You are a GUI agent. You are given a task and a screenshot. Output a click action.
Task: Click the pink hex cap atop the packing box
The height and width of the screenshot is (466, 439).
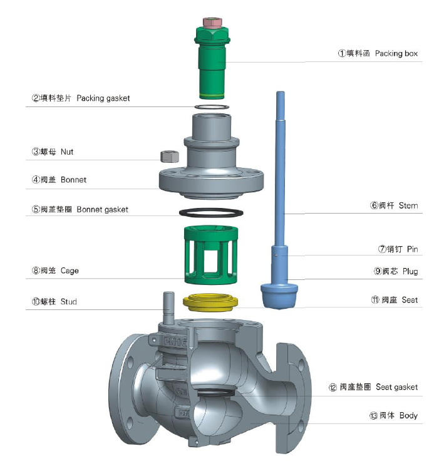pyautogui.click(x=212, y=23)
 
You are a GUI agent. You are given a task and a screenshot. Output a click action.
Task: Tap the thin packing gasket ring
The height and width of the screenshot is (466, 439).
pyautogui.click(x=212, y=106)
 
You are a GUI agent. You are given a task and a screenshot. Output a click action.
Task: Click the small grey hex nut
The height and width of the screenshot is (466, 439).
pyautogui.click(x=170, y=157)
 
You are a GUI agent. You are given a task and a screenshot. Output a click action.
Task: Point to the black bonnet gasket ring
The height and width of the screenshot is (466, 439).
pyautogui.click(x=211, y=213)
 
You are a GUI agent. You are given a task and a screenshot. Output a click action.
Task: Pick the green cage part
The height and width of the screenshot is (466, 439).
pyautogui.click(x=211, y=255)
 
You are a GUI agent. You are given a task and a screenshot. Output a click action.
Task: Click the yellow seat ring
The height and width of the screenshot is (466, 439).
pyautogui.click(x=210, y=303)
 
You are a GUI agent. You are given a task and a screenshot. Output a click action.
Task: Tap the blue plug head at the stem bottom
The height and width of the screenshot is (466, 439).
pyautogui.click(x=279, y=295)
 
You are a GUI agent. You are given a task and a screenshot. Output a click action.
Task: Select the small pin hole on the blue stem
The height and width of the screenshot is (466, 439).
pyautogui.click(x=276, y=255)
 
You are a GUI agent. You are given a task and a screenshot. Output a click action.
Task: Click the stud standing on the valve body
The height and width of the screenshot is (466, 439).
pyautogui.click(x=169, y=308)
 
